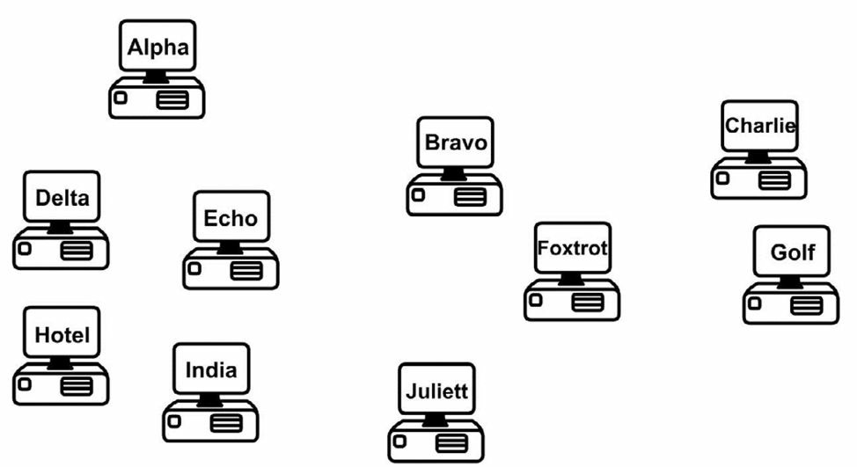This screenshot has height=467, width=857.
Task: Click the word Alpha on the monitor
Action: click(158, 47)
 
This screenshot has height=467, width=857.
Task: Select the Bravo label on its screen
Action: click(456, 142)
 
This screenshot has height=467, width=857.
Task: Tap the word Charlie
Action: click(759, 126)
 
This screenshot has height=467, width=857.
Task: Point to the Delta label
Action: click(62, 198)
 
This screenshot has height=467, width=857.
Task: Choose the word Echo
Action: click(231, 218)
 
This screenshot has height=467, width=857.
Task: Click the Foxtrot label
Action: click(572, 248)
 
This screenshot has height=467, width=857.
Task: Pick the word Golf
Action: click(793, 252)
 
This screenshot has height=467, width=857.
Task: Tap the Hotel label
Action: click(62, 335)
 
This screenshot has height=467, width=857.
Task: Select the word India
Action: click(211, 369)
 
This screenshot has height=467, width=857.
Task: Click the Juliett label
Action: click(436, 391)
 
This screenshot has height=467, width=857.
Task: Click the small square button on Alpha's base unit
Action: click(121, 98)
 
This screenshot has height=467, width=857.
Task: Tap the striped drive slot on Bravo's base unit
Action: click(470, 197)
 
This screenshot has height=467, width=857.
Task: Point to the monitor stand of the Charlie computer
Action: click(758, 157)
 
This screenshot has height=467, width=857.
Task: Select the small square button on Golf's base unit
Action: click(755, 303)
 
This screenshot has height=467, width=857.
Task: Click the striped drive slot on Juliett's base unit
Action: click(451, 443)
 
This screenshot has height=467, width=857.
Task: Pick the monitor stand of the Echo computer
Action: click(231, 248)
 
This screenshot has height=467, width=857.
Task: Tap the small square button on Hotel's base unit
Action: click(25, 384)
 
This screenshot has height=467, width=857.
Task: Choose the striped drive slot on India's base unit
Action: click(226, 423)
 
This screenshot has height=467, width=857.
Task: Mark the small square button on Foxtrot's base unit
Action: click(536, 300)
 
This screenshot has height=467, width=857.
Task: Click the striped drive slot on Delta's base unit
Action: click(77, 251)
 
